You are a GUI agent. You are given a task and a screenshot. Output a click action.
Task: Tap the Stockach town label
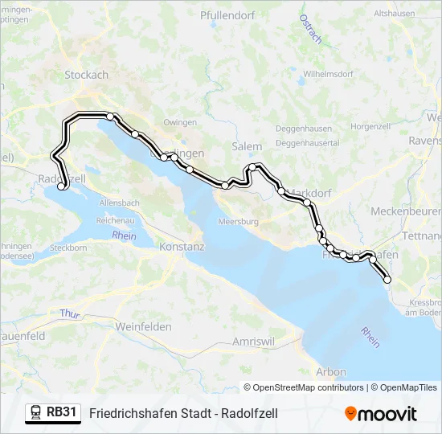pos(86,75)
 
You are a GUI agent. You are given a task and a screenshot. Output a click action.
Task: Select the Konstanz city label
pos(182,247)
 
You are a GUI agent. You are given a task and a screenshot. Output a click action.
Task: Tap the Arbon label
pos(331,372)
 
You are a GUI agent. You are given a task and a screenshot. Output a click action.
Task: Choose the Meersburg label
pos(239,221)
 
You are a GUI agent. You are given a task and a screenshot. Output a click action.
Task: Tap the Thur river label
pos(69,313)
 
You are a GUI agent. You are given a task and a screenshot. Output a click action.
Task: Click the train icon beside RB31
pos(36,413)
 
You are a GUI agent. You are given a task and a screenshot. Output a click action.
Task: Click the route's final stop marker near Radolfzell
pos(62,186)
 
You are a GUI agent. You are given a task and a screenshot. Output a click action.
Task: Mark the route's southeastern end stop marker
pos(387,280)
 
